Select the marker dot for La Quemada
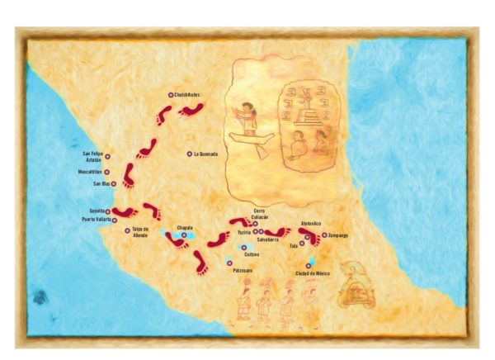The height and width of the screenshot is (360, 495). coord(190,154)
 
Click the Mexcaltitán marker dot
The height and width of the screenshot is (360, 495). coord(107,172)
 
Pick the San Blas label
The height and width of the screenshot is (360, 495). coord(101,183)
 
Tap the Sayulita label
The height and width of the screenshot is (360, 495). coord(93,211)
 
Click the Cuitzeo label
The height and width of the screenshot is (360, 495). coord(252,254)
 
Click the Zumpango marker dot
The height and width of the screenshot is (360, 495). coord(323,235)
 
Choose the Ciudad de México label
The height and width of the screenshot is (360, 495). coord(313,273)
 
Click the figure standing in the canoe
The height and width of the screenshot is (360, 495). coord(247,116)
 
